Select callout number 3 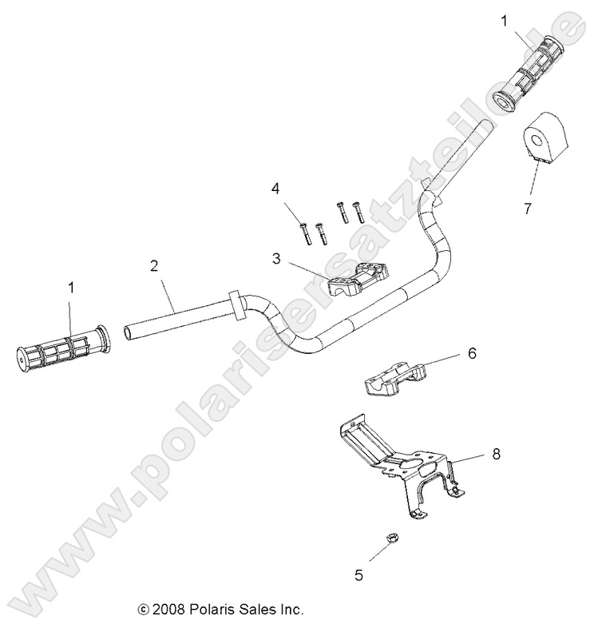pos(275,258)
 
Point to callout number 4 pos(275,189)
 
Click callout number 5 pos(358,574)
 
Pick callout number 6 pos(472,352)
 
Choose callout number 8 pos(496,454)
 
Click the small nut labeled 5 pos(383,541)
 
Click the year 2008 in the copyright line pos(166,609)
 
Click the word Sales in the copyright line pos(257,609)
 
